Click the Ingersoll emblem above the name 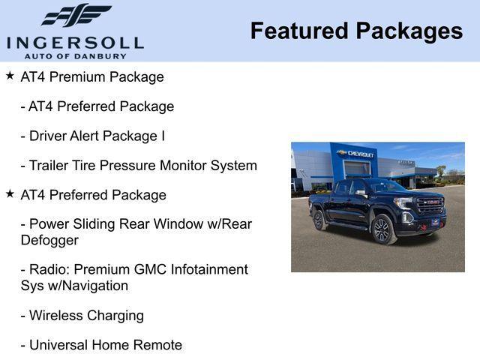pos(76,15)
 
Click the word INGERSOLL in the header pos(75,42)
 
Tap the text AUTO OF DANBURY pos(75,55)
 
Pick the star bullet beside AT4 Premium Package pos(10,76)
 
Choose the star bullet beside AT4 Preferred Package pos(10,193)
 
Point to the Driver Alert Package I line pos(93,136)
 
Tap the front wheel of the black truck pos(382,230)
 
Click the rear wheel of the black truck pos(319,220)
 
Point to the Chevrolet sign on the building pos(355,154)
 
